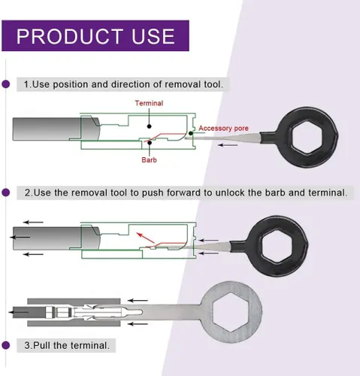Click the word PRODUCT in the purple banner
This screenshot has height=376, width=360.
point(70,36)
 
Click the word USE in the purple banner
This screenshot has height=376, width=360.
point(153,36)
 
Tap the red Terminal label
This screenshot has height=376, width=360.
point(149,103)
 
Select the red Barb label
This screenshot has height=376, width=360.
point(149,159)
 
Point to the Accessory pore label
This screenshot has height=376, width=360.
point(223,129)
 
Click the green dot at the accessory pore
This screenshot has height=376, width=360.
point(191,133)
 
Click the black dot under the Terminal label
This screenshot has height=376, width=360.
point(149,126)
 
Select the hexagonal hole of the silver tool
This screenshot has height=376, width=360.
point(231,312)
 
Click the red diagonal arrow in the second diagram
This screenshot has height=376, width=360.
point(146,238)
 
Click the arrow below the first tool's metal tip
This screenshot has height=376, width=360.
point(228,145)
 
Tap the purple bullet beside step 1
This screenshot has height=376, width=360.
point(6,84)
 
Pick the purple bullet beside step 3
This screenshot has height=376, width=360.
point(6,345)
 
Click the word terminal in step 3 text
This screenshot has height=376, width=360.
point(90,345)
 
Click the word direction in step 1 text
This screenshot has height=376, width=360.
point(131,84)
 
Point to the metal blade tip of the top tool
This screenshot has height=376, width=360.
point(186,138)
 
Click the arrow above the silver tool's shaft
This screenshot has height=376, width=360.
point(138,300)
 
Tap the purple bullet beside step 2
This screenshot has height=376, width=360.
point(6,193)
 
